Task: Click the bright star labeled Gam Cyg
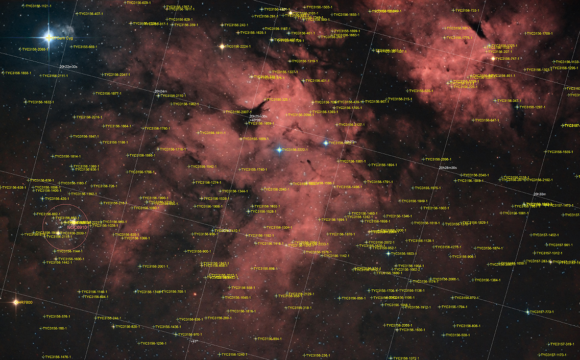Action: [x=49, y=37]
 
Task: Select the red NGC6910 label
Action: [x=77, y=227]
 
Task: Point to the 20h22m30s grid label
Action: [x=68, y=66]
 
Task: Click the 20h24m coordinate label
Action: [x=160, y=91]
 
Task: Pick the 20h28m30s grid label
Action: [x=447, y=167]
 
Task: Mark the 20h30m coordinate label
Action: [x=539, y=194]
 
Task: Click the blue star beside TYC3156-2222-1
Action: [x=279, y=150]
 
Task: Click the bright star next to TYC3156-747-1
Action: [x=493, y=59]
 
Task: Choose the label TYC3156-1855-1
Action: [x=19, y=73]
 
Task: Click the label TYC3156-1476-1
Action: [x=58, y=357]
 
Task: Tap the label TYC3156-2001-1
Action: [x=155, y=267]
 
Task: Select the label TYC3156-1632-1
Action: [x=41, y=102]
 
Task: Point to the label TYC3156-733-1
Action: [x=467, y=10]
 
